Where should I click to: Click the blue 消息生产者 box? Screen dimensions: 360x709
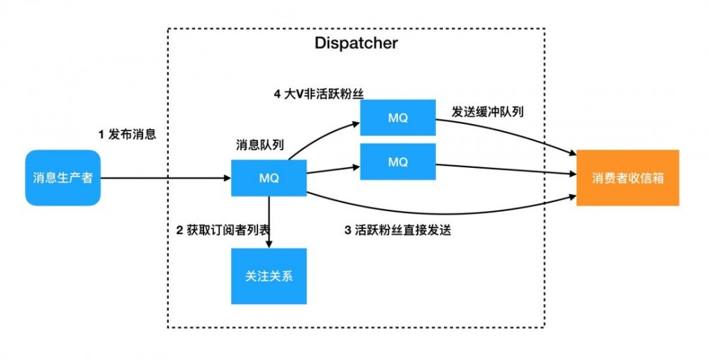(62, 178)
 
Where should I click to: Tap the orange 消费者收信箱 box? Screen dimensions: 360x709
(627, 178)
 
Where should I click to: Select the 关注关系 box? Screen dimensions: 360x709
(269, 276)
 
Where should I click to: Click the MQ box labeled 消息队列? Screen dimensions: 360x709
(269, 178)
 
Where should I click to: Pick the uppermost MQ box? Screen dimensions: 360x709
(398, 117)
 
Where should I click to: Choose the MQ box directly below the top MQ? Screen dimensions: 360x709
(398, 162)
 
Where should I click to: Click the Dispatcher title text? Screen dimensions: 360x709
(356, 43)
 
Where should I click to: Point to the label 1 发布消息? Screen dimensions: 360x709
(127, 133)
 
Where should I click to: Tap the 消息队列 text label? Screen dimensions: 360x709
(259, 145)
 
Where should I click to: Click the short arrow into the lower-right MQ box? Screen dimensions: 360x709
(333, 169)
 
